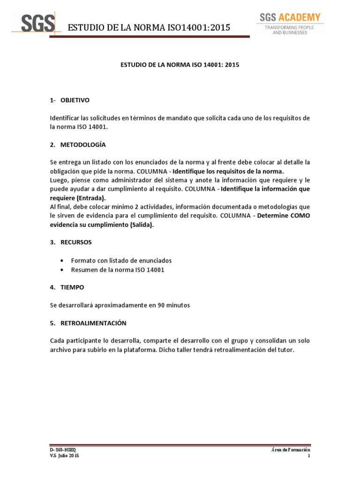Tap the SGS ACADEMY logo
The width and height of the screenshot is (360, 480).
tap(291, 18)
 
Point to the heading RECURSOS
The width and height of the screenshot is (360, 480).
tap(76, 242)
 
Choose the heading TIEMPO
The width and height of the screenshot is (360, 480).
tap(72, 286)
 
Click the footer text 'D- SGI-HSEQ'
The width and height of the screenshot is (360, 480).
tap(64, 450)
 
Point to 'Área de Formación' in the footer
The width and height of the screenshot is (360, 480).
tap(291, 450)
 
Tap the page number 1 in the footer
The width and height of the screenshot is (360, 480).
tap(309, 456)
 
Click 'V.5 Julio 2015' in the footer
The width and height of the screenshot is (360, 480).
tap(65, 456)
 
